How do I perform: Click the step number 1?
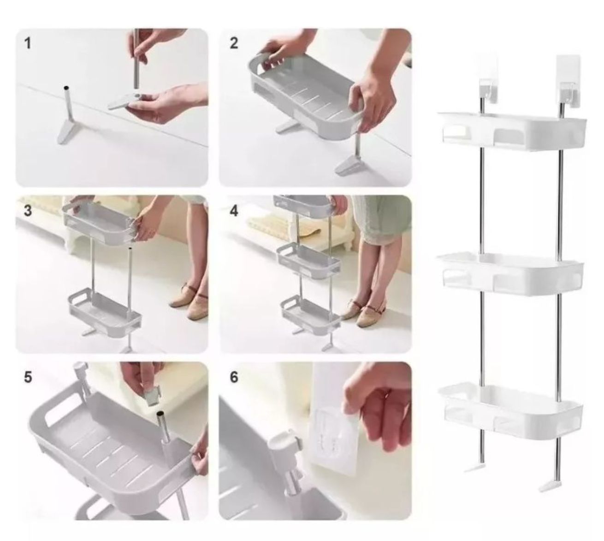tap(28, 43)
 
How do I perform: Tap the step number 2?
tap(234, 43)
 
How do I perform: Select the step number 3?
tap(28, 210)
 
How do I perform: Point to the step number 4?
tap(234, 211)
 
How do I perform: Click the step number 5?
tap(28, 377)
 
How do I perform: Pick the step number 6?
tap(234, 377)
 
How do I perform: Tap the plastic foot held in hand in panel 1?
tap(128, 100)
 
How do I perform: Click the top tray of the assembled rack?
tap(512, 132)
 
